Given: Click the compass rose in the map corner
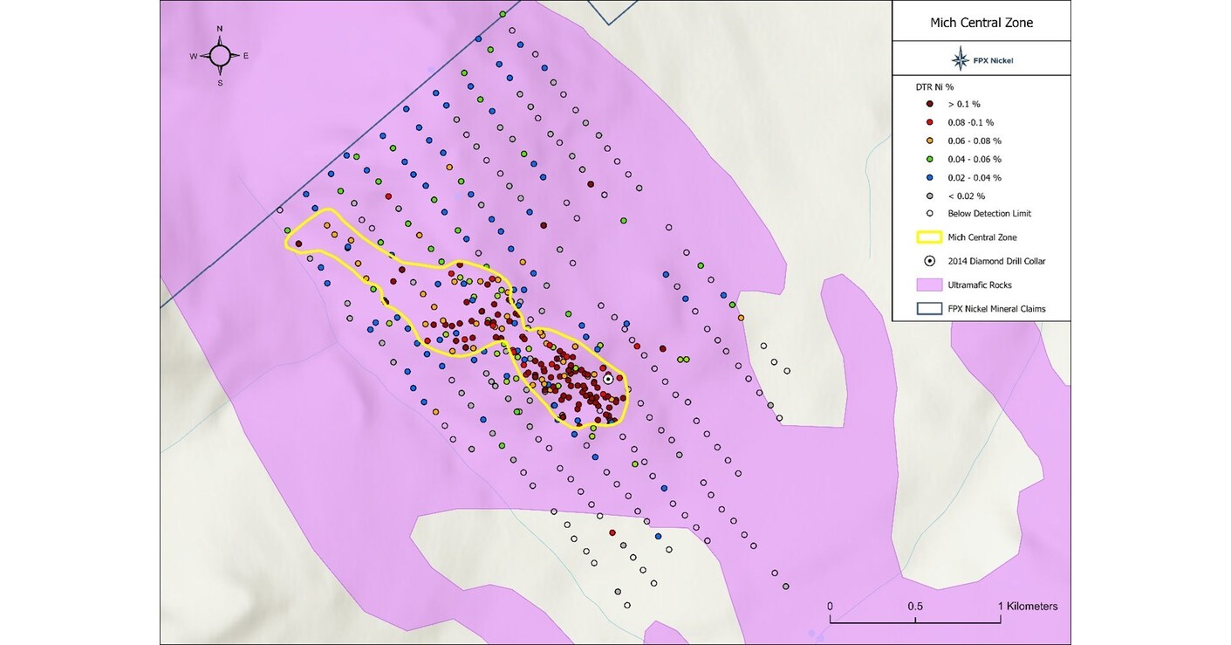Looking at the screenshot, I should coord(220,56).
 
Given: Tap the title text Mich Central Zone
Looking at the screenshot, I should coord(981,23).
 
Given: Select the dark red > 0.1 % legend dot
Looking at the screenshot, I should coord(930,104).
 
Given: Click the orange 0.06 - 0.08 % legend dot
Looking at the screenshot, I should coord(930,141).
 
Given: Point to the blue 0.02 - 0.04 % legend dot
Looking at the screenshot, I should coord(930,177).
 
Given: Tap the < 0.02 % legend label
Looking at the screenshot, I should coord(966,196).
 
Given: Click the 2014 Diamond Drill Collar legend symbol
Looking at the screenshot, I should coord(930,260).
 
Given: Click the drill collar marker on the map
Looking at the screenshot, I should coord(608,379).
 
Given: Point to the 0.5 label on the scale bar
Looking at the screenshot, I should coord(915,606).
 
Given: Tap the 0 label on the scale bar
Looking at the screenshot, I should coord(830,606).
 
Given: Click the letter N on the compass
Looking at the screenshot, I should coord(220,29).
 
